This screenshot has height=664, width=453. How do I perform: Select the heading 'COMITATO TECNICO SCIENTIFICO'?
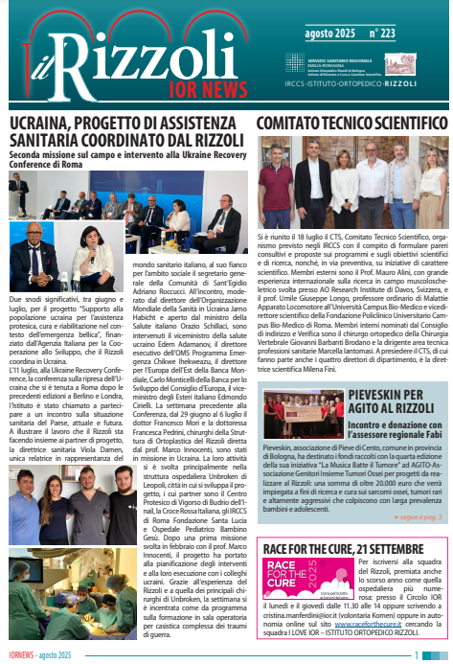point(351,125)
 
